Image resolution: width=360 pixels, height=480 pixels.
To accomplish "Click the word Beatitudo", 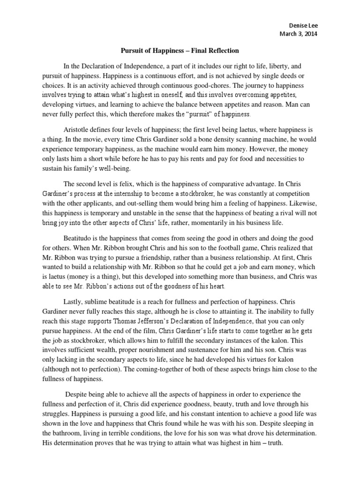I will point(80,238).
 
